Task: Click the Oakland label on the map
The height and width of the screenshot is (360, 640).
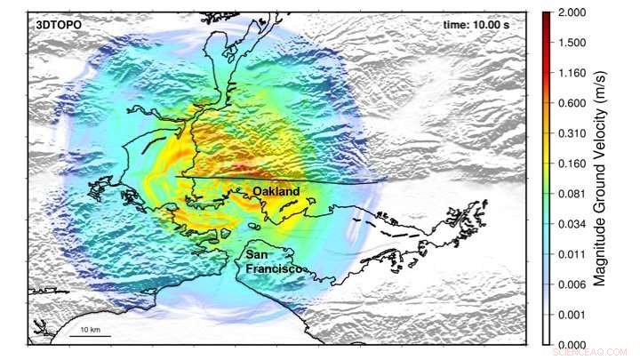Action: (x=276, y=192)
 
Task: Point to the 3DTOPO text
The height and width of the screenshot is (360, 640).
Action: (x=58, y=25)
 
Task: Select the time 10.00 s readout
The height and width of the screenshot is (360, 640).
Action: (x=475, y=25)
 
